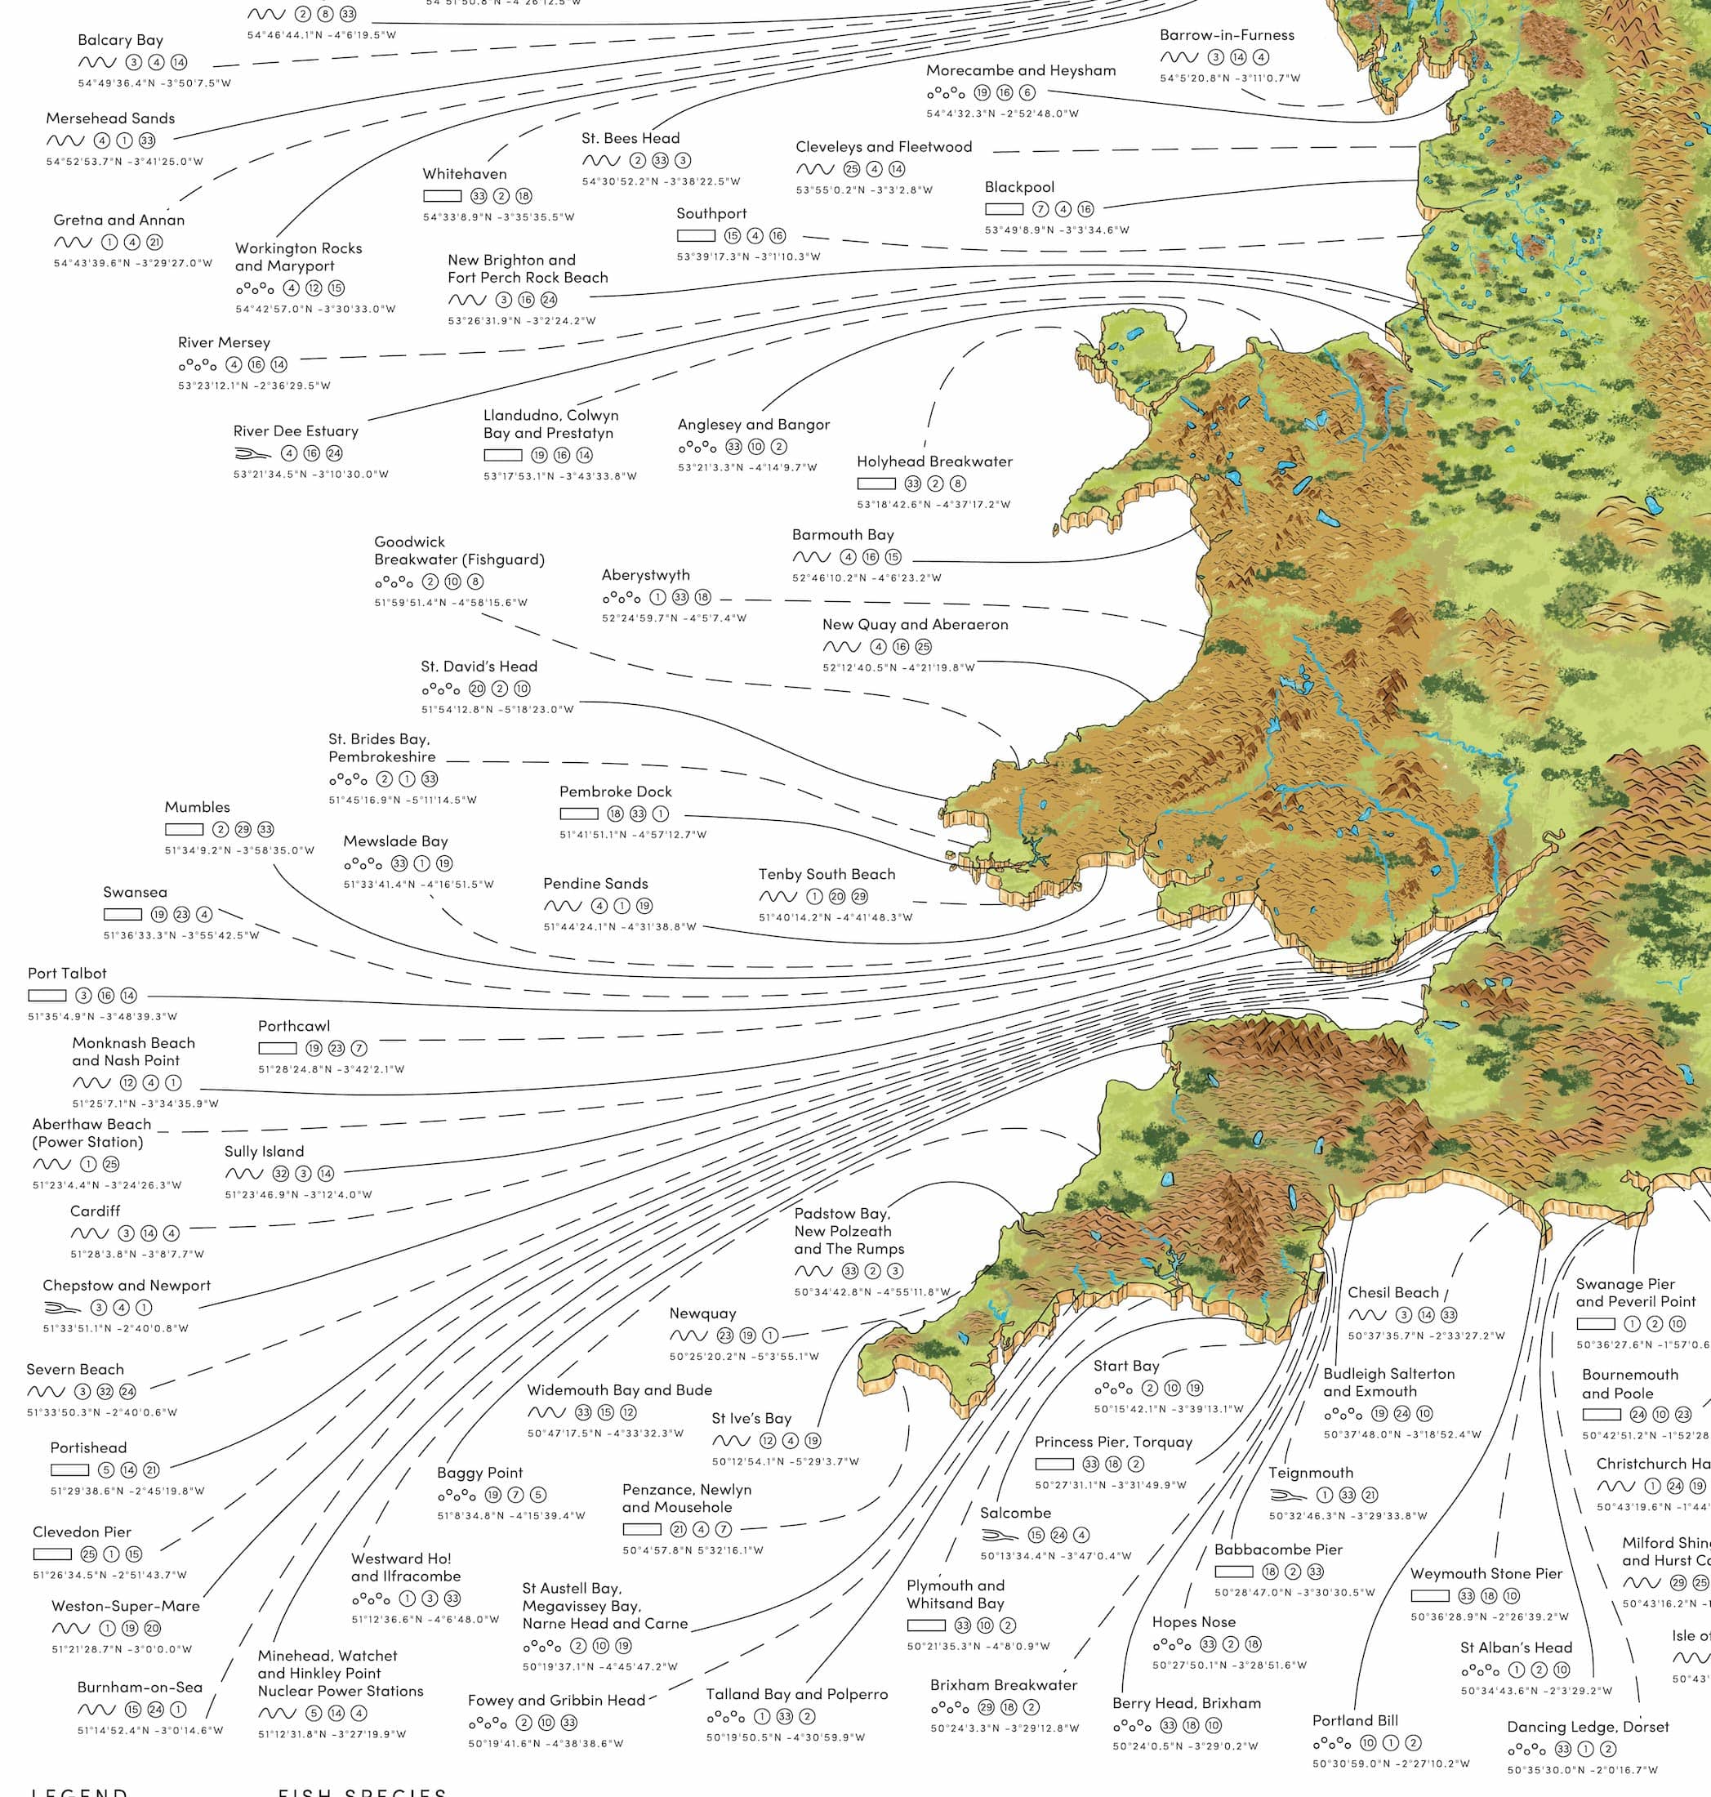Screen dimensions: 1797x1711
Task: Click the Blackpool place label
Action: pyautogui.click(x=1018, y=187)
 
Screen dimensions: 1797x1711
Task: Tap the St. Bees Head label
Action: pyautogui.click(x=630, y=139)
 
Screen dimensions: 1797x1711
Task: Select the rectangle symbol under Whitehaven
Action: pyautogui.click(x=442, y=196)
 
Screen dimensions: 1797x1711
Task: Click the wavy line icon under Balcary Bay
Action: pyautogui.click(x=96, y=63)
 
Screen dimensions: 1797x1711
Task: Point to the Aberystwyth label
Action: pyautogui.click(x=645, y=576)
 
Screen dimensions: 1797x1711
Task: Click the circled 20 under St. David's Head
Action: pyautogui.click(x=477, y=689)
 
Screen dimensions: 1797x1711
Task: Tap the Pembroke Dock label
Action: pyautogui.click(x=615, y=791)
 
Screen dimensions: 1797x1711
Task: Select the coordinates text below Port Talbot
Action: pyautogui.click(x=102, y=1016)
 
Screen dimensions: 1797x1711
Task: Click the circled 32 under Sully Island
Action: pyautogui.click(x=281, y=1174)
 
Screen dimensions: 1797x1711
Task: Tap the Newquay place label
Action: pyautogui.click(x=702, y=1313)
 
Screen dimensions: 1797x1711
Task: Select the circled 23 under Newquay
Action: pyautogui.click(x=725, y=1335)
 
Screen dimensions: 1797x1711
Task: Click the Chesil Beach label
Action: pyautogui.click(x=1392, y=1292)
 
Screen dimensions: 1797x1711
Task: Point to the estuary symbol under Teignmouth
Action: pyautogui.click(x=1287, y=1495)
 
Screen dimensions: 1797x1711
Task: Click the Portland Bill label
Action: pyautogui.click(x=1354, y=1720)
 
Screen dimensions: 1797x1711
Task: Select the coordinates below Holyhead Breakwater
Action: pyautogui.click(x=933, y=505)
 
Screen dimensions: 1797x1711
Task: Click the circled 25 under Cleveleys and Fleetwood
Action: pyautogui.click(x=852, y=169)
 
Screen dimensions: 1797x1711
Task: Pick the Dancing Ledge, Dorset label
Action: pyautogui.click(x=1587, y=1727)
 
